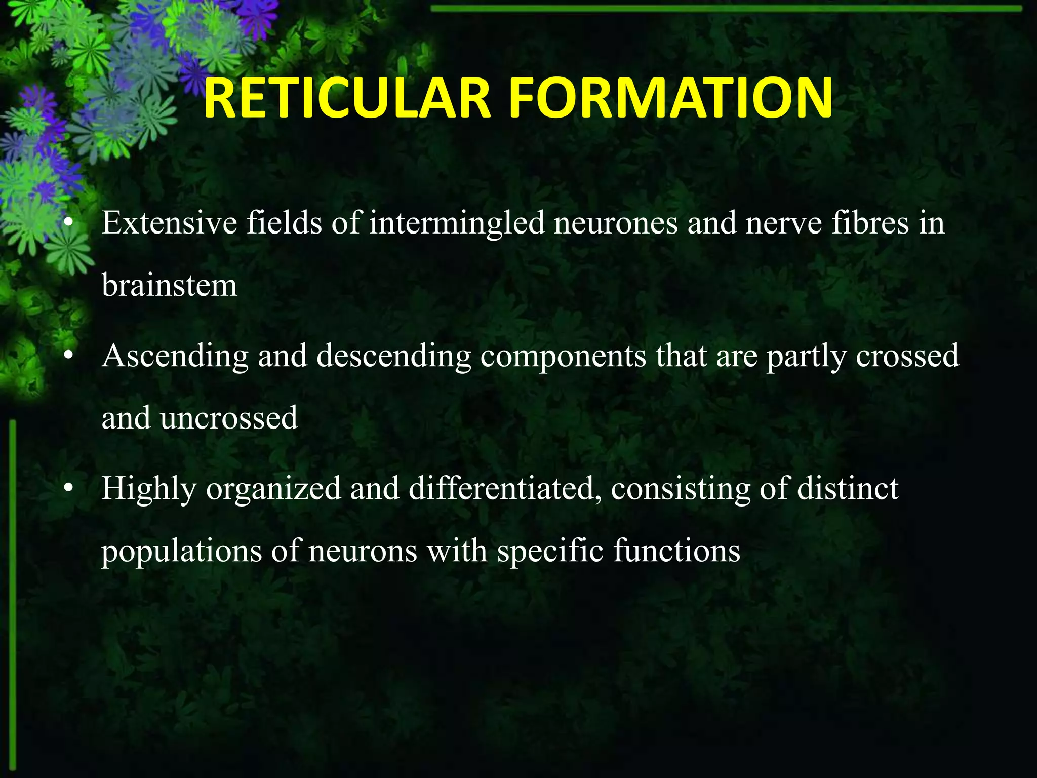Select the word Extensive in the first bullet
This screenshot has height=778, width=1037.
(x=169, y=223)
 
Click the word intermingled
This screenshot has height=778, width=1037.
(x=457, y=224)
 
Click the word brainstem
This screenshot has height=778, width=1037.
(x=169, y=285)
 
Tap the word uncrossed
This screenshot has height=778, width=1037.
(x=229, y=418)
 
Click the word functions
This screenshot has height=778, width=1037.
(x=676, y=551)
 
